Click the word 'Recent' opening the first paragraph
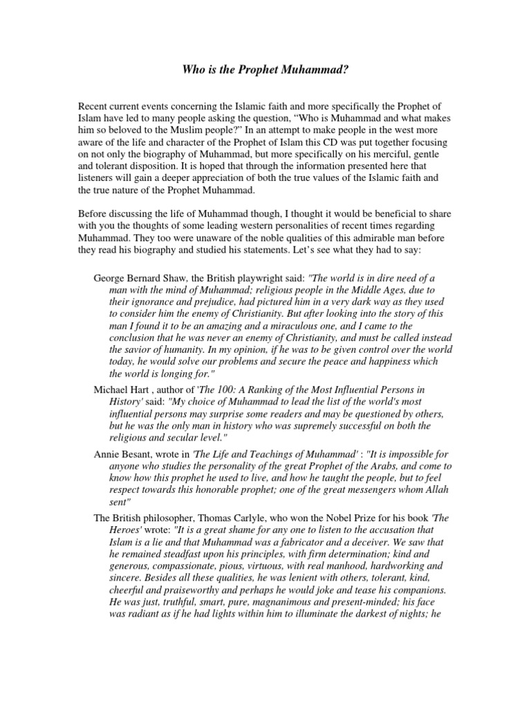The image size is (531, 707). click(x=94, y=106)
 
